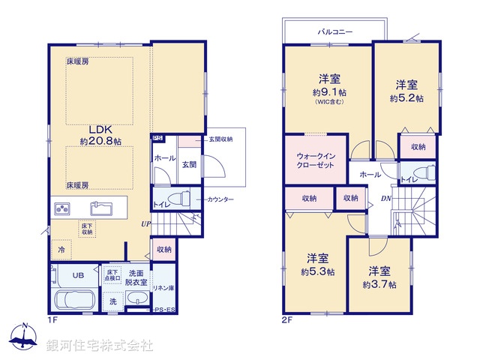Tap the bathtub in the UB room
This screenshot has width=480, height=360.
pos(73,300)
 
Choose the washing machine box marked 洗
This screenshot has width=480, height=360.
pos(113,301)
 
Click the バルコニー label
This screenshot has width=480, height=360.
pos(334,33)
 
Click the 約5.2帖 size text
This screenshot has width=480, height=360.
pos(406,98)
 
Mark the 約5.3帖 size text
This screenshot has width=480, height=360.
pos(318,271)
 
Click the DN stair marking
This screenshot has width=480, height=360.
pos(385,199)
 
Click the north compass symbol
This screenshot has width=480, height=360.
pos(24,337)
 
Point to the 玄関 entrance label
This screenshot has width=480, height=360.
pos(188,164)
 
